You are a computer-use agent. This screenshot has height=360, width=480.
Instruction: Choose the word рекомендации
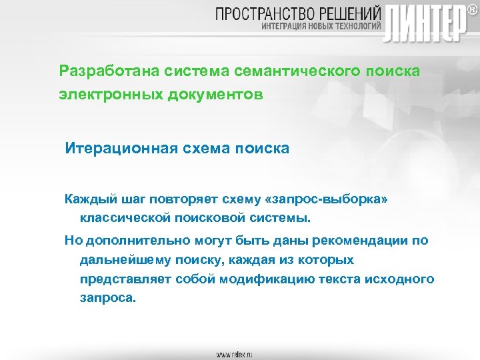pos(355,241)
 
